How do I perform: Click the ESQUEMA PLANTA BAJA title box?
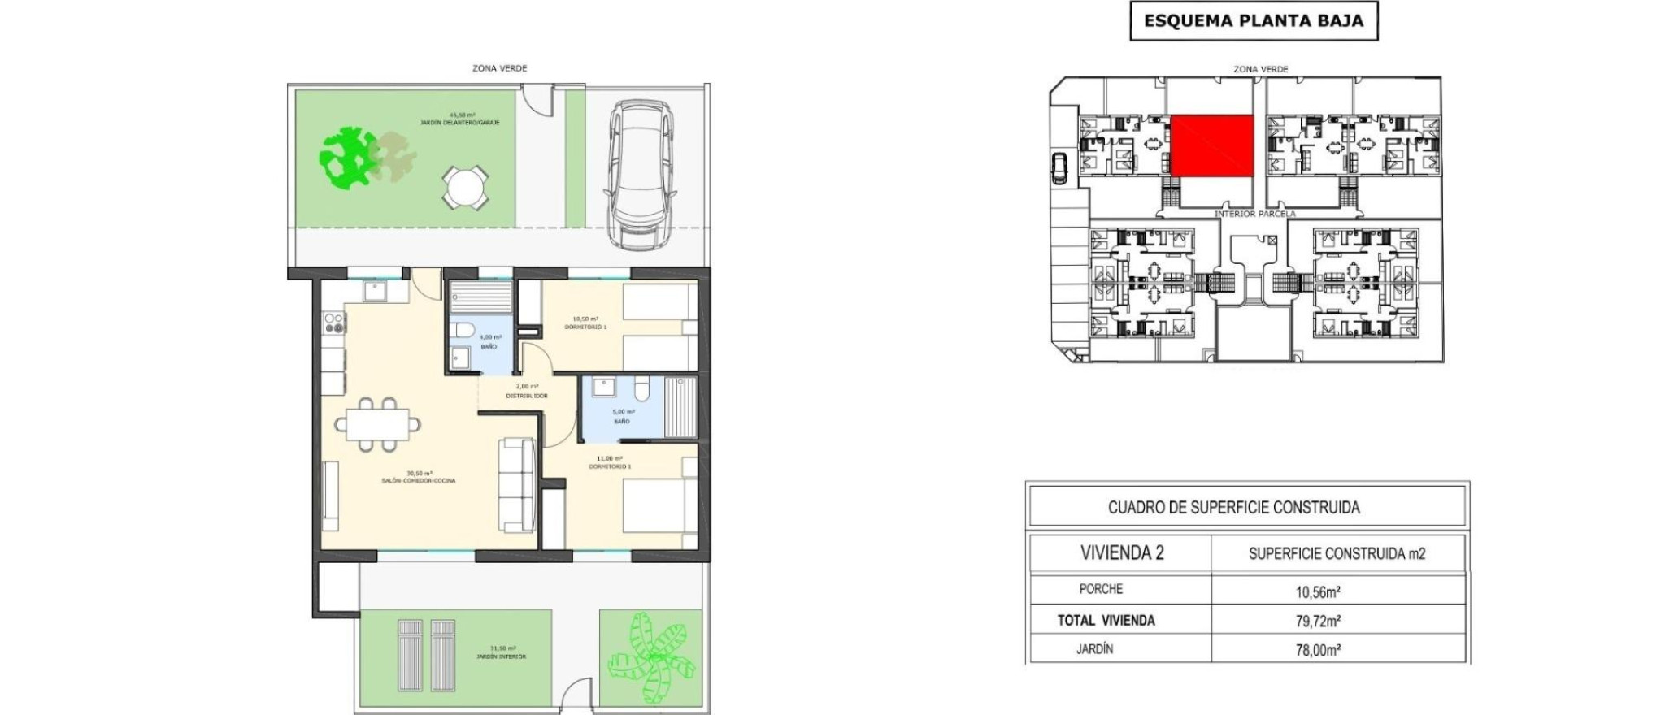pos(1253,21)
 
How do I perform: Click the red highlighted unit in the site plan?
pos(1211,145)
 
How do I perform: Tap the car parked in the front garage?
pos(642,174)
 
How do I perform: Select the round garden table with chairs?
pos(465,188)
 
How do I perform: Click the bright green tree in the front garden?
pos(348,157)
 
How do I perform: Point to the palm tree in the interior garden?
pos(650,657)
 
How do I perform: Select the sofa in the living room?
pos(517,484)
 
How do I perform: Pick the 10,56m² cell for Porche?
pos(1317,591)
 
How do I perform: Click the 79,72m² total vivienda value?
pos(1317,621)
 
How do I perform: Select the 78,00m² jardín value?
pos(1317,650)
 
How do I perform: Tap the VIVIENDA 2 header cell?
pos(1121,553)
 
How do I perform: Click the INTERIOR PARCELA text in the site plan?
pos(1254,214)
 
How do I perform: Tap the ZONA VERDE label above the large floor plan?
pos(499,68)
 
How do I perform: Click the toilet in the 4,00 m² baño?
pos(463,330)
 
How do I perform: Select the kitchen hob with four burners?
pos(333,323)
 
